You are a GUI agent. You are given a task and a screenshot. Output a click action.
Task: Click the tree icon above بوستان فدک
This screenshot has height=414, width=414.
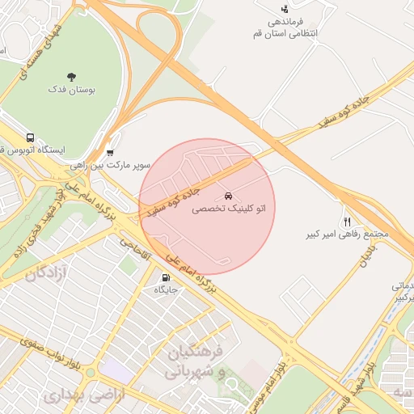coord(72,77)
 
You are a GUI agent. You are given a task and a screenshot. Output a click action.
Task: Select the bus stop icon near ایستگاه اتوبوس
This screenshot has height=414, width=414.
coord(31,137)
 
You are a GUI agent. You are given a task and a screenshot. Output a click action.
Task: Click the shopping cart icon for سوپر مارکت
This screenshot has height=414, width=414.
coord(110,152)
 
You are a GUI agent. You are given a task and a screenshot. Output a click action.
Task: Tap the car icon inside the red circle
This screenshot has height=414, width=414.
coord(229,196)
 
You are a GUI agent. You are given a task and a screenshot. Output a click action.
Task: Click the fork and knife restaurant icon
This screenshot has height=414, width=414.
coord(348,222)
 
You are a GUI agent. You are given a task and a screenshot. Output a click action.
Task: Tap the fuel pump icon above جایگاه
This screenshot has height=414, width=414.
coord(166,277)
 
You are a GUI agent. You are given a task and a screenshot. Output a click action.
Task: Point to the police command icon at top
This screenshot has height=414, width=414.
coord(284,8)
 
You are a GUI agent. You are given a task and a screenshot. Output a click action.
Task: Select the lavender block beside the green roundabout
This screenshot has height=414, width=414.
coord(113,372)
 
